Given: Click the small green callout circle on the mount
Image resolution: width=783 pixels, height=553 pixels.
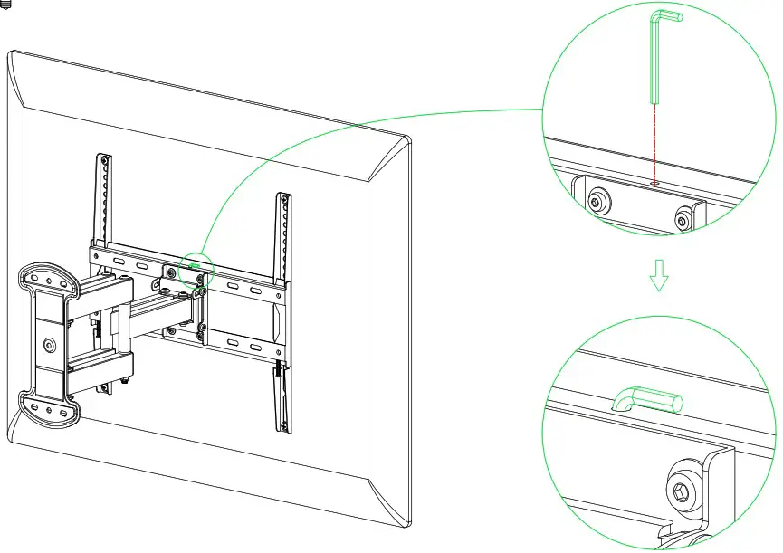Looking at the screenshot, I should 196,271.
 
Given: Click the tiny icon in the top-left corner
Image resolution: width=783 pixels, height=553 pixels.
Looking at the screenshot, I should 6,5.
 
